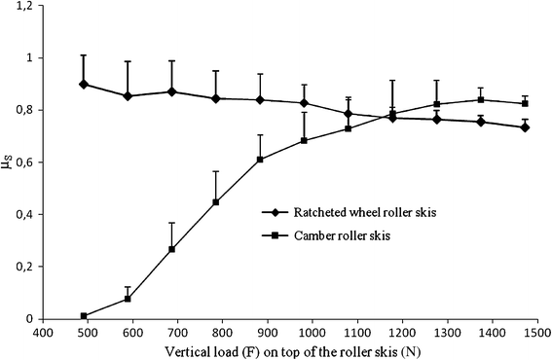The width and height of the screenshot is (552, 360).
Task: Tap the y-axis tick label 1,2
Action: [20, 6]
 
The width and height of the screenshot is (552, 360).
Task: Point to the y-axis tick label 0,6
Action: [20, 162]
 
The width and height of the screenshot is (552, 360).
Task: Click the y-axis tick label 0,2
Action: [20, 267]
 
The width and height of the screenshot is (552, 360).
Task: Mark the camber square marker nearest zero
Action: [85, 316]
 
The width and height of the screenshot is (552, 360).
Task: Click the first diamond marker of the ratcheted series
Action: [85, 84]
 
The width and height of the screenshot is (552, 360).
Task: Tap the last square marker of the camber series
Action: [525, 103]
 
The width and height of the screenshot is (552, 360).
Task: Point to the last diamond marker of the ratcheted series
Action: [525, 127]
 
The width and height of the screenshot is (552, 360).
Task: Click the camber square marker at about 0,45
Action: [216, 202]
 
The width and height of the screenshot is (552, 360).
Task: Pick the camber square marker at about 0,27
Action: [171, 249]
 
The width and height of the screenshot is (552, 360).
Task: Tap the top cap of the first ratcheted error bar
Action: [85, 55]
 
